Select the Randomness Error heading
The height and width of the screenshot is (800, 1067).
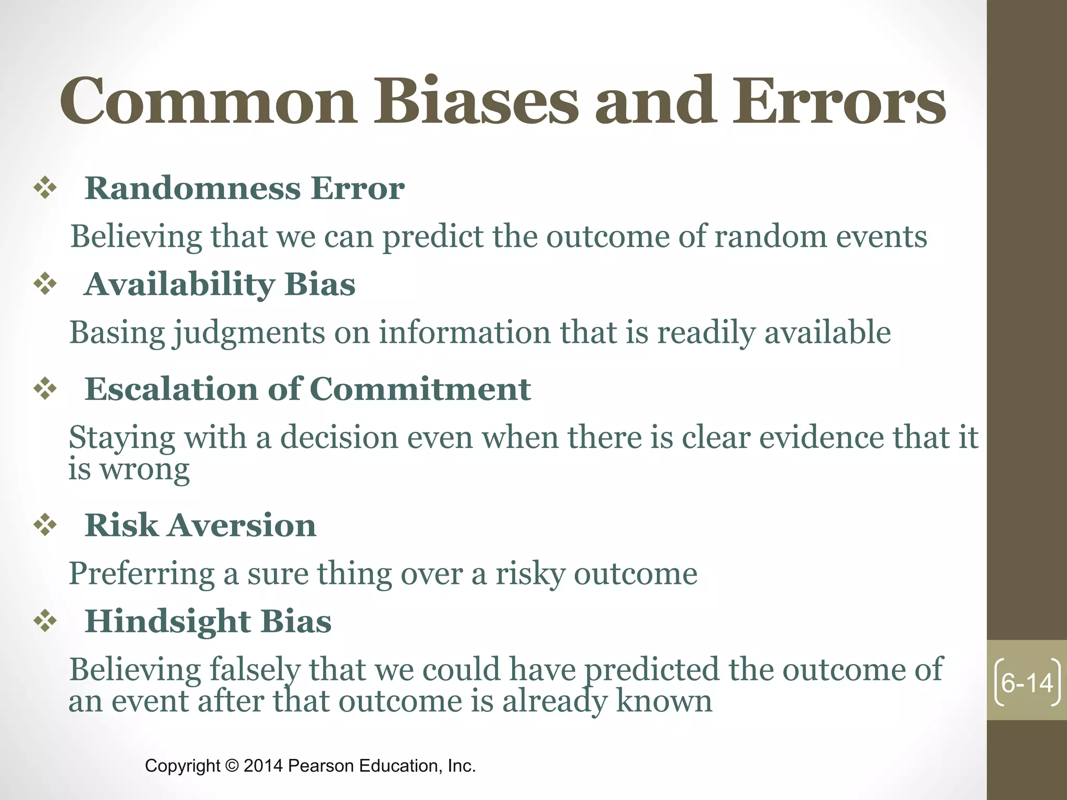tap(244, 188)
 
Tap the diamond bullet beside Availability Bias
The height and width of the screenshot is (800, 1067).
tap(45, 284)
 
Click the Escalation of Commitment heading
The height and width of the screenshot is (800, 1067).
tap(307, 389)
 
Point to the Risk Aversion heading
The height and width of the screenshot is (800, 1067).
tap(200, 525)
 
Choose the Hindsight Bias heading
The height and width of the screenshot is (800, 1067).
tap(208, 621)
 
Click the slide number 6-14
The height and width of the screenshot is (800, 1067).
tap(1027, 683)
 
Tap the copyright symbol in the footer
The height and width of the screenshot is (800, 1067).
tap(232, 766)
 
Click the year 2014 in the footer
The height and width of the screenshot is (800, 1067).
tap(263, 766)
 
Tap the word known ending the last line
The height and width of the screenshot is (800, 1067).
tap(664, 701)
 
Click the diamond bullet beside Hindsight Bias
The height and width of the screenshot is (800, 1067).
tap(45, 621)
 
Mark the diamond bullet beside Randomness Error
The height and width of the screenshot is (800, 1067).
tap(45, 188)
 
